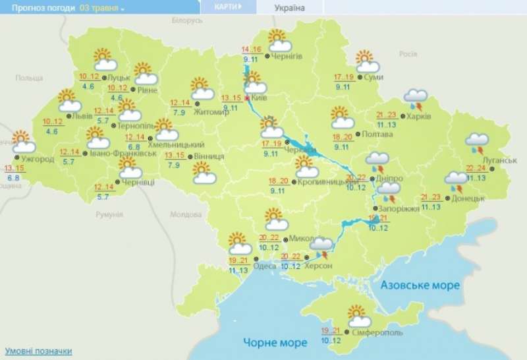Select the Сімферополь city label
(377, 334)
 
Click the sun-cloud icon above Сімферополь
(358, 316)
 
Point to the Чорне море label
(275, 343)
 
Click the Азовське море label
(419, 285)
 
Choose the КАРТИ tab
(228, 7)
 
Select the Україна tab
(289, 7)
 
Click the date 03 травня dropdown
(102, 7)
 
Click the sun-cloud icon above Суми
(368, 61)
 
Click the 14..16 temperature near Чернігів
(251, 49)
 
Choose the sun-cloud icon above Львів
(69, 100)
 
